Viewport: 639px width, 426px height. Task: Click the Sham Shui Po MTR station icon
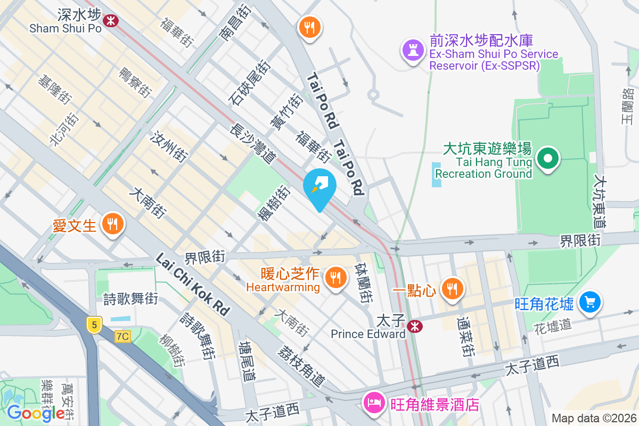coord(112,21)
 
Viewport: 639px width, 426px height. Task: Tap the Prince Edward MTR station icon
coord(415,326)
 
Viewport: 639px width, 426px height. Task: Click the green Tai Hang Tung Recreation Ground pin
coord(547,159)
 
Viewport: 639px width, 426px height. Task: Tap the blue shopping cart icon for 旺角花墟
coord(589,302)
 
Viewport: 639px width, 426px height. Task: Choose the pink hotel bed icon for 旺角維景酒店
coord(373,402)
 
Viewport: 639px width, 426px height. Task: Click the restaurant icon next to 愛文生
coord(112,224)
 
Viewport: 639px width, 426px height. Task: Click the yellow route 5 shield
coord(94,325)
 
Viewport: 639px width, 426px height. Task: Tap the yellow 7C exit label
coord(122,337)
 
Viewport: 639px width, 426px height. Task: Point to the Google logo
coord(36,413)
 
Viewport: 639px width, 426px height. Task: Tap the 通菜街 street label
coord(466,337)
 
